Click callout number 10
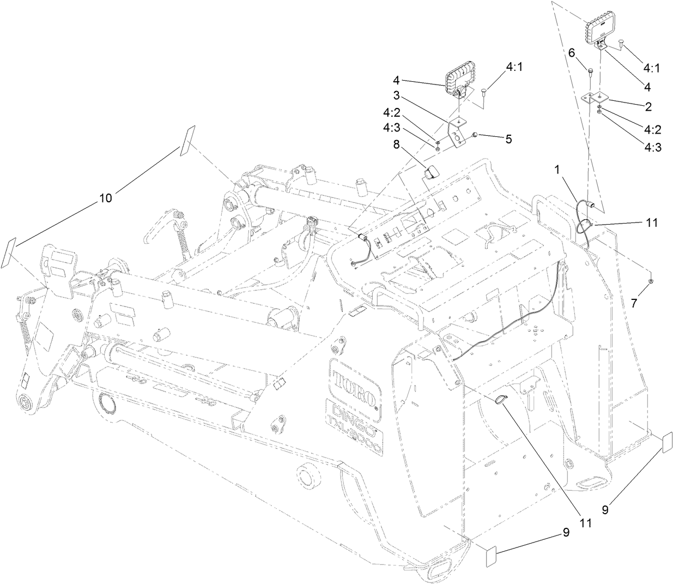(105, 198)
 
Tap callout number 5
(508, 139)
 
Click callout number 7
(633, 304)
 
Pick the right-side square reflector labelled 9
(666, 443)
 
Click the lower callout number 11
(585, 522)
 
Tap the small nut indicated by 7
(651, 281)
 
